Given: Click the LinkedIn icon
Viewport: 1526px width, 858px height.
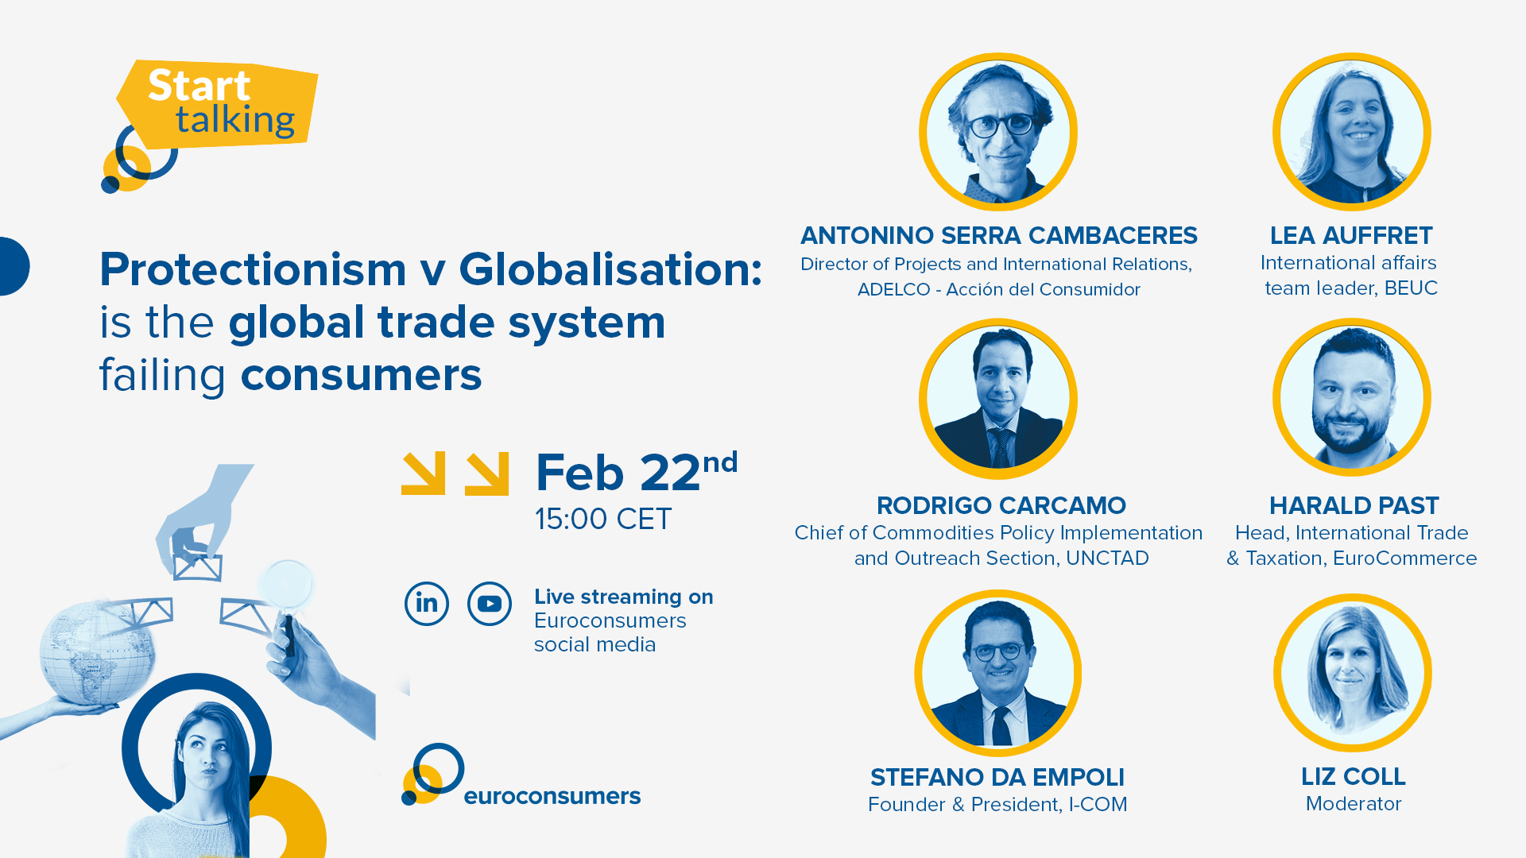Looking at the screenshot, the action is (x=427, y=604).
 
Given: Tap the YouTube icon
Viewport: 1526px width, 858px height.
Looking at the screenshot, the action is (x=490, y=604).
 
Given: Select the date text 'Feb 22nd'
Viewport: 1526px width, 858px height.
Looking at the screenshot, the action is (x=637, y=473).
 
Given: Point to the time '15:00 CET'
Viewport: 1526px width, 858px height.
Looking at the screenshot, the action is (x=603, y=520).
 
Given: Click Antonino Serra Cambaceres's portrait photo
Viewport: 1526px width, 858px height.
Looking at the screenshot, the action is (x=998, y=132).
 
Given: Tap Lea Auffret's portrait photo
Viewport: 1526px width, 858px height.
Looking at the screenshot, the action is (x=1352, y=132).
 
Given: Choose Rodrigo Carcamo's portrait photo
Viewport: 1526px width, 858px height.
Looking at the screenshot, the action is (x=998, y=399).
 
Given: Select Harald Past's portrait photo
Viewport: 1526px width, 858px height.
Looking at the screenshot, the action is (x=1352, y=397).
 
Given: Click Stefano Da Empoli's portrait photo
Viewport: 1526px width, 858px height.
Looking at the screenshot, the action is (x=998, y=673).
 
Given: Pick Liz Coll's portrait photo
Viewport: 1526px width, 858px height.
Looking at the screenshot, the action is (x=1353, y=673).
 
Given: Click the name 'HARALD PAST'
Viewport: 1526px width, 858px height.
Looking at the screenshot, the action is (x=1354, y=505).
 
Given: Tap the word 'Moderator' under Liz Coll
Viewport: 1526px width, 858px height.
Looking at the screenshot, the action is (x=1354, y=804).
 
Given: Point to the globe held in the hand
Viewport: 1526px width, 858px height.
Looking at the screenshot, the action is (x=97, y=651).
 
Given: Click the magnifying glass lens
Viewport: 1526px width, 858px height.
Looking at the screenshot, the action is (x=287, y=585).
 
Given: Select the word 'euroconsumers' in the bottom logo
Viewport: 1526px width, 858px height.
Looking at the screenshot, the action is (x=552, y=796).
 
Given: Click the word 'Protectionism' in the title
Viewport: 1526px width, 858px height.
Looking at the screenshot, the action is (x=254, y=270).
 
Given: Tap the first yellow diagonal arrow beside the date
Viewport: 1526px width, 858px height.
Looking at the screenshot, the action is (x=423, y=473).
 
